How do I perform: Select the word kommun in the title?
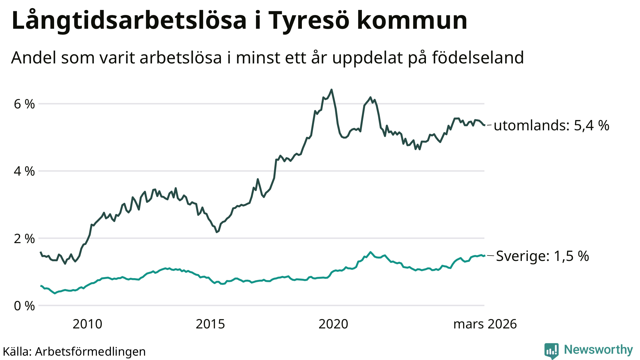412,21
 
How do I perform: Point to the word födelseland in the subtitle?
478,58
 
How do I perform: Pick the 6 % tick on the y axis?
24,104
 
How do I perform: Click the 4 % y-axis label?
24,171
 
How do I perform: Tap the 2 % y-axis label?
24,239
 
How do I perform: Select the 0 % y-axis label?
24,306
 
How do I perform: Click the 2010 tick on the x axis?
87,324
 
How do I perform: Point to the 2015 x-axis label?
210,324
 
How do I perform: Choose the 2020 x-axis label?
333,324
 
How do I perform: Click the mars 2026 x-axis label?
485,324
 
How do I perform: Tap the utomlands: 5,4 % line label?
552,126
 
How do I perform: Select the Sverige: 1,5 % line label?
542,256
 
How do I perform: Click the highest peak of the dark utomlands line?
332,90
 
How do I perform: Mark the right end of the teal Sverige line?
484,256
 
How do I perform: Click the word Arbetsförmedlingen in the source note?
90,352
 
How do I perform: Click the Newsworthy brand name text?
598,350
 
